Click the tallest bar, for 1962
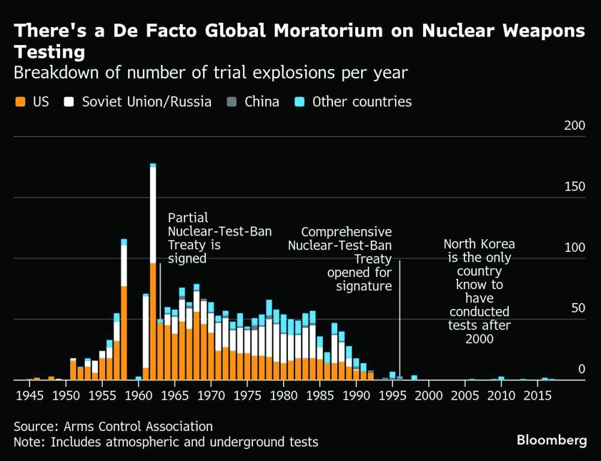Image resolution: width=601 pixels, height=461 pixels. click(153, 270)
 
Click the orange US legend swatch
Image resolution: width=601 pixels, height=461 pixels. click(19, 102)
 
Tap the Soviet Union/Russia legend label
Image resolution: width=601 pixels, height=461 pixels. click(147, 102)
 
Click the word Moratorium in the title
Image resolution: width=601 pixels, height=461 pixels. click(347, 31)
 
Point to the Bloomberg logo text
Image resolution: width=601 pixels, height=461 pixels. click(551, 440)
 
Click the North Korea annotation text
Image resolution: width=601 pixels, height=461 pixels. click(479, 292)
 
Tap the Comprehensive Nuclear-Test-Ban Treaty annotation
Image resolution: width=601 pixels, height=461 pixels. click(340, 258)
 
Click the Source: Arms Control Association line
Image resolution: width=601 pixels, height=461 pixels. click(113, 427)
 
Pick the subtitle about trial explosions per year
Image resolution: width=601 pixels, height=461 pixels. click(210, 73)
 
